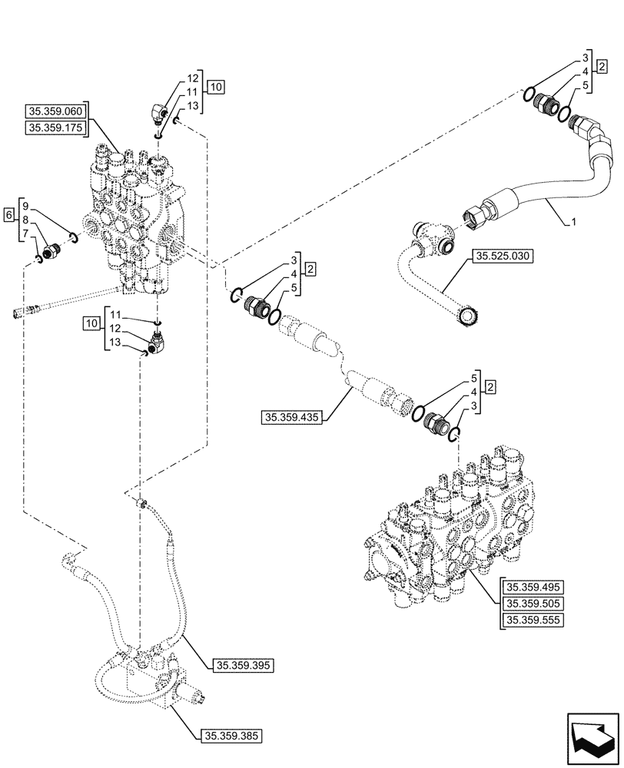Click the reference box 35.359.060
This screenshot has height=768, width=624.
point(58,111)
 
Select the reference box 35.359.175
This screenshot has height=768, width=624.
point(58,128)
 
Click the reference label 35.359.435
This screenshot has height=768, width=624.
point(292,418)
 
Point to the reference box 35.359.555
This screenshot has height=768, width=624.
point(531,621)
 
